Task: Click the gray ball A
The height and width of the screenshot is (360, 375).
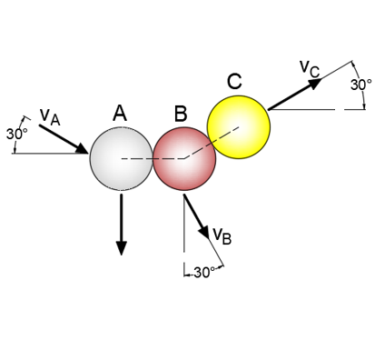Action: point(121,159)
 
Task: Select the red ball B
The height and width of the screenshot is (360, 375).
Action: point(183,159)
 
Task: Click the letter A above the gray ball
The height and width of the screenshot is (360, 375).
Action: point(119,113)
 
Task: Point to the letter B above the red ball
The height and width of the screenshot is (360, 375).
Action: point(181,114)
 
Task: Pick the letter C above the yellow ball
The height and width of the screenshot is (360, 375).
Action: point(234,81)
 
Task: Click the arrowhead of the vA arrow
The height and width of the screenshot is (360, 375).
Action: point(83,146)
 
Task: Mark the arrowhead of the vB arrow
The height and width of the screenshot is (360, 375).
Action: point(205,233)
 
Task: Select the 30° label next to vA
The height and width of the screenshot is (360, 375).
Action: point(16,133)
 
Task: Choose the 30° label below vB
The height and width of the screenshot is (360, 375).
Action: point(203,272)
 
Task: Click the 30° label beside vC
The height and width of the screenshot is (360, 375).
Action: point(361,84)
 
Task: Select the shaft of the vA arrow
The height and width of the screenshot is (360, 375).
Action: point(62,135)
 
